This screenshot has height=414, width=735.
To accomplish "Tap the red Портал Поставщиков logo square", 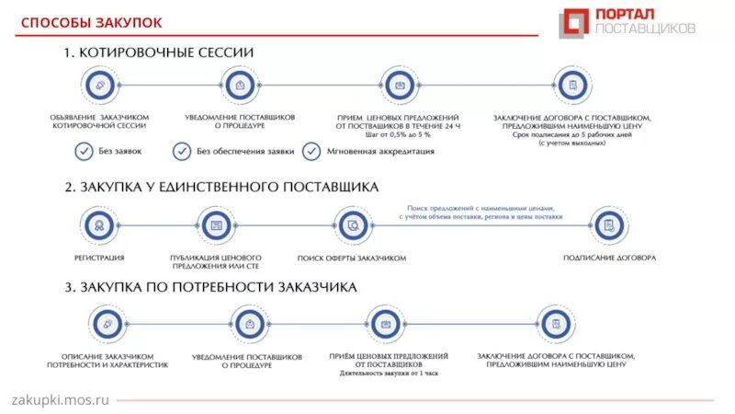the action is (x=575, y=22).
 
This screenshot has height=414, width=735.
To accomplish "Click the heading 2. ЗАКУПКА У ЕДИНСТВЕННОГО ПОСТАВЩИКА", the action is (x=221, y=187).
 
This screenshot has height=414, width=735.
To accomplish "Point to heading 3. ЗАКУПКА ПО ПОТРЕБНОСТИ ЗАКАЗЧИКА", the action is (x=210, y=288).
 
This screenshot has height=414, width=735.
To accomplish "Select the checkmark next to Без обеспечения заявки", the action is (x=182, y=151).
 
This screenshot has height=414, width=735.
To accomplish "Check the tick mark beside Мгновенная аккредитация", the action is (x=311, y=151).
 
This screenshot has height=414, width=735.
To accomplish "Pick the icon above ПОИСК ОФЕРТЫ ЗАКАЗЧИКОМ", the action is (x=351, y=224).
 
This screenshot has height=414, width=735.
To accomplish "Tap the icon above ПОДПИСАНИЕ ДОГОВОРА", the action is (x=607, y=224).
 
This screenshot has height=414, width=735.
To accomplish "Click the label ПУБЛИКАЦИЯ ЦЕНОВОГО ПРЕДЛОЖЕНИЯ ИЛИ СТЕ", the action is (x=216, y=262).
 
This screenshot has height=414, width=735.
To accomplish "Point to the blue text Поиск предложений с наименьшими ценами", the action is (x=481, y=211).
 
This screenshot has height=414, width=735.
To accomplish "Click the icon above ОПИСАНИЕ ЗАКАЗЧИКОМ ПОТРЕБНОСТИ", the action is (x=107, y=324).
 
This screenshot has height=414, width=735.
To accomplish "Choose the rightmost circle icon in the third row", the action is (x=555, y=324).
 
